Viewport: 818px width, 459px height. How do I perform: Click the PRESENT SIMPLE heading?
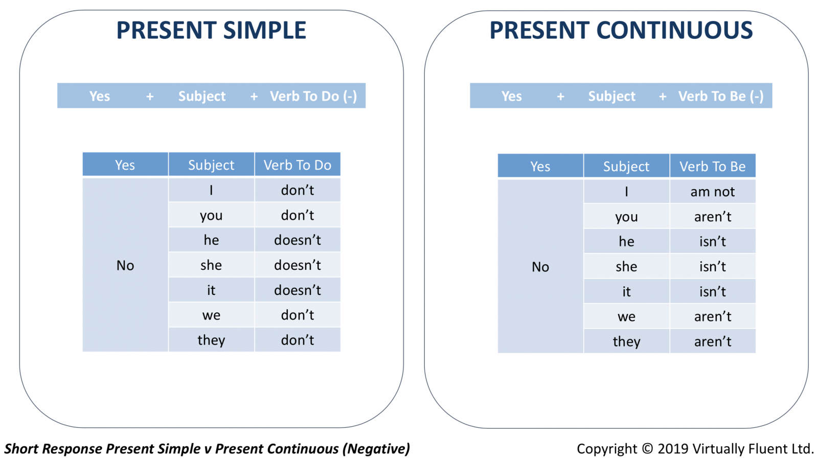pyautogui.click(x=211, y=30)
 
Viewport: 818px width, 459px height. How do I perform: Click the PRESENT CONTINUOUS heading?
pyautogui.click(x=621, y=30)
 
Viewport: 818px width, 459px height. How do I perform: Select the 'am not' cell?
pyautogui.click(x=713, y=191)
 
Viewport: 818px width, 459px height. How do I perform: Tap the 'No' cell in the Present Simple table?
pyautogui.click(x=125, y=265)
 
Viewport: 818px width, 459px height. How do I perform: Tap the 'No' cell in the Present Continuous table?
pyautogui.click(x=540, y=267)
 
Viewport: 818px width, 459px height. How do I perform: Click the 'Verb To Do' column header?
pyautogui.click(x=298, y=165)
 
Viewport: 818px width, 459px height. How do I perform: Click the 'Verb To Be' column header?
pyautogui.click(x=713, y=166)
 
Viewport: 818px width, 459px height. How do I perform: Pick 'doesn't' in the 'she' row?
pyautogui.click(x=298, y=265)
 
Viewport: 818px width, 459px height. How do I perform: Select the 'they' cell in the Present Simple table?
pyautogui.click(x=211, y=340)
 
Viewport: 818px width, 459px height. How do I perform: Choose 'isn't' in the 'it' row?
pyautogui.click(x=713, y=291)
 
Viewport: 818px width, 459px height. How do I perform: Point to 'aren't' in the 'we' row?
pyautogui.click(x=713, y=316)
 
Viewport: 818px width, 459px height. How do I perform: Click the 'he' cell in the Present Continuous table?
pyautogui.click(x=626, y=241)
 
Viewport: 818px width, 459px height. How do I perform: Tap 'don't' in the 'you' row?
pyautogui.click(x=298, y=215)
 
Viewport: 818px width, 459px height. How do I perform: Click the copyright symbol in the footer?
pyautogui.click(x=647, y=448)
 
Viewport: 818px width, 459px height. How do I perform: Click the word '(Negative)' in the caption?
pyautogui.click(x=376, y=449)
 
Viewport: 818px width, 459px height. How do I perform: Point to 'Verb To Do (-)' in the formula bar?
pyautogui.click(x=313, y=96)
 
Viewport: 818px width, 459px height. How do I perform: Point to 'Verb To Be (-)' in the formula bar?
pyautogui.click(x=721, y=96)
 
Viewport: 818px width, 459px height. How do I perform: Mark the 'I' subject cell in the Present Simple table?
pyautogui.click(x=211, y=190)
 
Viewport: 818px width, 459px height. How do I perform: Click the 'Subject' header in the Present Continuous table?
pyautogui.click(x=626, y=166)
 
